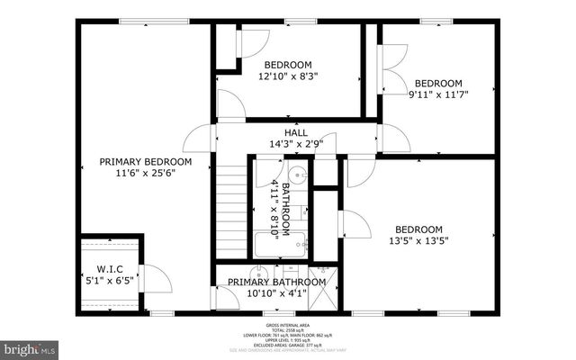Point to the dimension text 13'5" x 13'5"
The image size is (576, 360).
click(x=418, y=240)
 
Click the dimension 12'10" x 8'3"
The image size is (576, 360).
click(x=288, y=76)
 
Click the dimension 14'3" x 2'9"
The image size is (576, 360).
click(x=296, y=143)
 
